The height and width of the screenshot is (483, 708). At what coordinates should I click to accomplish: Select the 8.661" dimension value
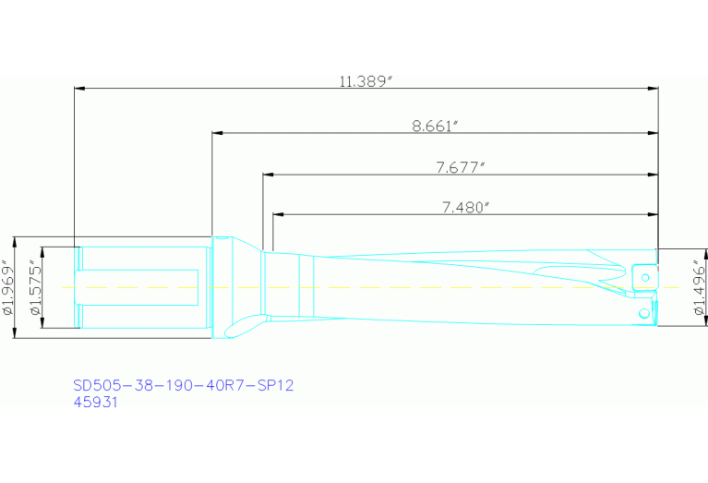[x=436, y=126]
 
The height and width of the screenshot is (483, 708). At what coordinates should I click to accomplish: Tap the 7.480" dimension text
[x=464, y=207]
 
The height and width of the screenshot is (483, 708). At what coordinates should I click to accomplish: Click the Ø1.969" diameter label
[x=8, y=287]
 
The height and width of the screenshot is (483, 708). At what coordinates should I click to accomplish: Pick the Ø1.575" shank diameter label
[x=35, y=287]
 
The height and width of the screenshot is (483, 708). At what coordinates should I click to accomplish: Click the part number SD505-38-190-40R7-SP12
[x=183, y=385]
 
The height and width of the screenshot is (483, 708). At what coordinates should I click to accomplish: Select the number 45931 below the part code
[x=95, y=403]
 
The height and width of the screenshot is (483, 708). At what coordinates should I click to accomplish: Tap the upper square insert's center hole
[x=646, y=274]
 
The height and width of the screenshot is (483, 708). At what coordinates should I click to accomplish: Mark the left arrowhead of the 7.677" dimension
[x=268, y=174]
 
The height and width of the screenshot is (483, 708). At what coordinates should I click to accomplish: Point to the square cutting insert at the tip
[x=644, y=275]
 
